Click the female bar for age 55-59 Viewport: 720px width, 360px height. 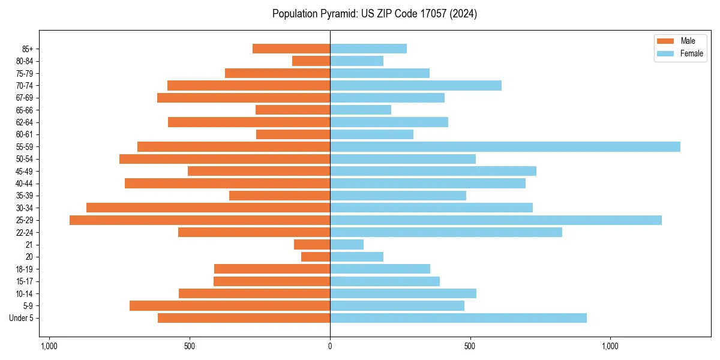505,146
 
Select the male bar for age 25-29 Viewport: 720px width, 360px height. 200,220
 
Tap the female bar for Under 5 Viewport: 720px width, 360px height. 458,318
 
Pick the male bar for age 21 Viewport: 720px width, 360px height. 312,244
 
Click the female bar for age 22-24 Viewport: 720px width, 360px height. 446,232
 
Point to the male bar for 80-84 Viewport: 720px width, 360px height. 311,61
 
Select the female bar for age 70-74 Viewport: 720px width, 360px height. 415,85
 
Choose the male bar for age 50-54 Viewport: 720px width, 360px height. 224,159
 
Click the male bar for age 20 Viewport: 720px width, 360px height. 316,257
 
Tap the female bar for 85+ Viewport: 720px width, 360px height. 368,49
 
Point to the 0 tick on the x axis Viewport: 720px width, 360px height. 330,346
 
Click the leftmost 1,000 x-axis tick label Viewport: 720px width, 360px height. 49,346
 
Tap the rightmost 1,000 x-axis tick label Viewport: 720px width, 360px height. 610,346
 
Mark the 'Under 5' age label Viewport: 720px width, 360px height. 22,318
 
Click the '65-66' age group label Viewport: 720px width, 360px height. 25,110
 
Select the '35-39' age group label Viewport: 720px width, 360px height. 25,196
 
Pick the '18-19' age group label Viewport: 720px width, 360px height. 25,269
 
